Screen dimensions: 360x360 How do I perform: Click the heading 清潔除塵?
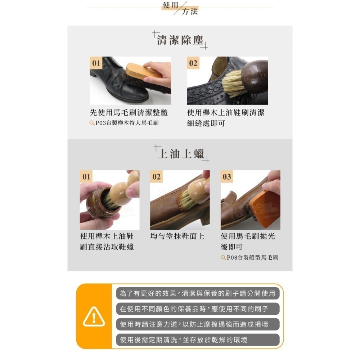[x=180, y=40]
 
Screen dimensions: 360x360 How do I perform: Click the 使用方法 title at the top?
[x=180, y=8]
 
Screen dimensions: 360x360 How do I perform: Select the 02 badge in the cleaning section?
[x=193, y=63]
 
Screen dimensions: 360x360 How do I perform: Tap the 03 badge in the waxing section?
[x=227, y=177]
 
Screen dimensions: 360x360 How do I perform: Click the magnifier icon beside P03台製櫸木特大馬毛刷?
[x=92, y=123]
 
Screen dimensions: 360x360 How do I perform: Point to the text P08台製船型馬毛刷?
[x=252, y=257]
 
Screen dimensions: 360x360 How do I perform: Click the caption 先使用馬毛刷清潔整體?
[x=129, y=113]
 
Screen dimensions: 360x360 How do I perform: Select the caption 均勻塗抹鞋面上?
[x=177, y=236]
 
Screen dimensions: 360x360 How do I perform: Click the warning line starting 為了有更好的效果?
[x=198, y=293]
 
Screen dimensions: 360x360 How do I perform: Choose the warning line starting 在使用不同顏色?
[x=198, y=309]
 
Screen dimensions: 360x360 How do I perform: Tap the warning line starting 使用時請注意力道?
[x=198, y=324]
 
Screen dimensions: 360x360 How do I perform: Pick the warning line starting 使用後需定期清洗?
[x=198, y=340]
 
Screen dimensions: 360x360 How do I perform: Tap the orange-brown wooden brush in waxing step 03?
[x=264, y=209]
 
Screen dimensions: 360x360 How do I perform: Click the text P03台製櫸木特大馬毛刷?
[x=127, y=123]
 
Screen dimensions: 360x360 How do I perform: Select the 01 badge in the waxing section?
[x=86, y=177]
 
